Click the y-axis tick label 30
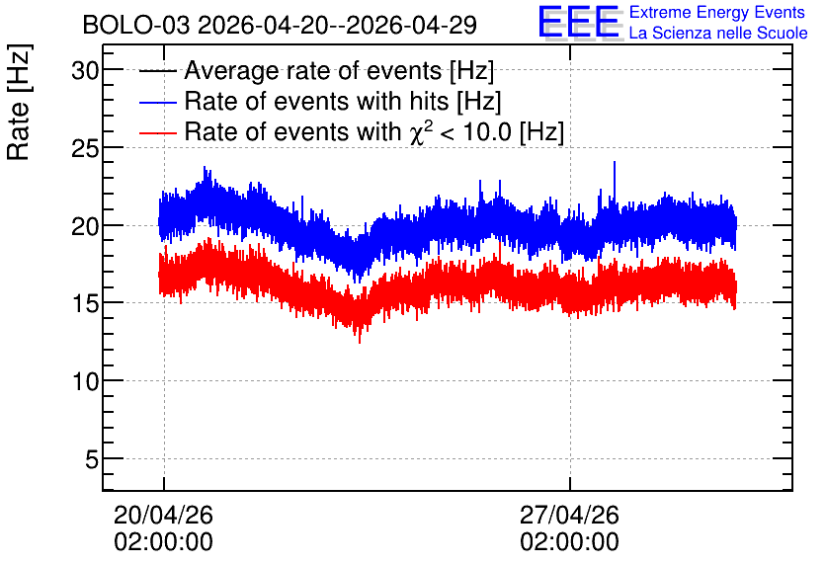85,70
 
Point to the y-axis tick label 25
85,148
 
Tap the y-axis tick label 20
85,226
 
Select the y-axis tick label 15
85,303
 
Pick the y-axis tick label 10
85,381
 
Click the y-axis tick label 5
92,459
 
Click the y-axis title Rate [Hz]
19,102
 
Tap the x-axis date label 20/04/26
163,515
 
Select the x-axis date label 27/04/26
569,515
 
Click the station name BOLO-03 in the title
136,25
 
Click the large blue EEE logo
579,22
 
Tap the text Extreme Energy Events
717,12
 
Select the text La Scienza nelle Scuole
718,33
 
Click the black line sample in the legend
157,71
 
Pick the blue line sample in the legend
157,102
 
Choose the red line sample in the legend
157,132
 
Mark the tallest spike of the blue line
615,162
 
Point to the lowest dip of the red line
360,343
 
